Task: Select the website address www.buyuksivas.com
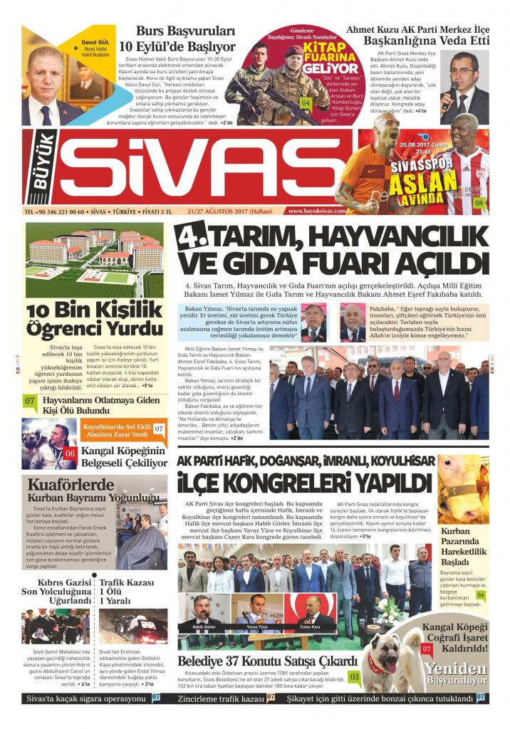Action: tap(317, 211)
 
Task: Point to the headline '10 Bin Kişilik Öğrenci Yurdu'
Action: tap(94, 320)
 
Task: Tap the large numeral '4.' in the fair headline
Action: tap(187, 238)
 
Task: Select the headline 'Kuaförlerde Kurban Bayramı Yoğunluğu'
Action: tap(89, 491)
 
